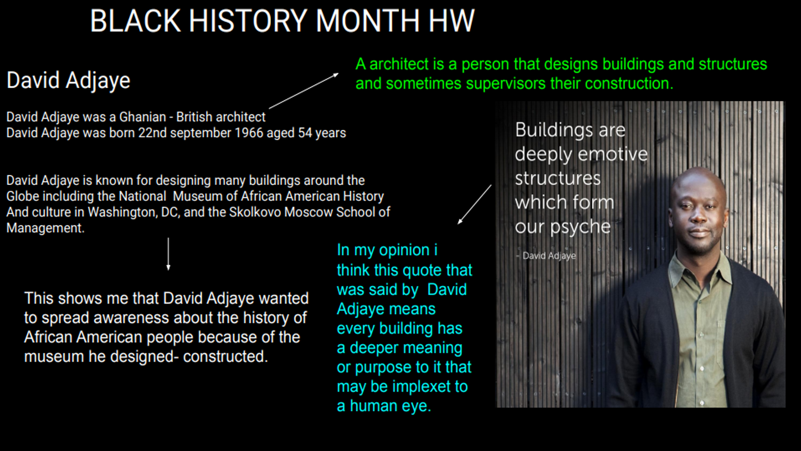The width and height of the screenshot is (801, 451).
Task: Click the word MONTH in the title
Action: pos(367,21)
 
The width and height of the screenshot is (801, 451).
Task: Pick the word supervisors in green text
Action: pos(506,84)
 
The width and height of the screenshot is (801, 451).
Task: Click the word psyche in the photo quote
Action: pos(580,227)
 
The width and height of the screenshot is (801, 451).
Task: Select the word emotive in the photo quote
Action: pos(612,154)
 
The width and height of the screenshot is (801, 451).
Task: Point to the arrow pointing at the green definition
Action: pos(304,90)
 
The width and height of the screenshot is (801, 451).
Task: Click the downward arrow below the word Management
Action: pos(168,254)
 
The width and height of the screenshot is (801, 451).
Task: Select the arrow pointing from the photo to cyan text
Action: pos(474,204)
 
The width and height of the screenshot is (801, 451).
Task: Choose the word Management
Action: pos(45,228)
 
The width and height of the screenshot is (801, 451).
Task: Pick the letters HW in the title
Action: pos(451,21)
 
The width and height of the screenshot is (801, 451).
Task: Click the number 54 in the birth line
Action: pos(305,133)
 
